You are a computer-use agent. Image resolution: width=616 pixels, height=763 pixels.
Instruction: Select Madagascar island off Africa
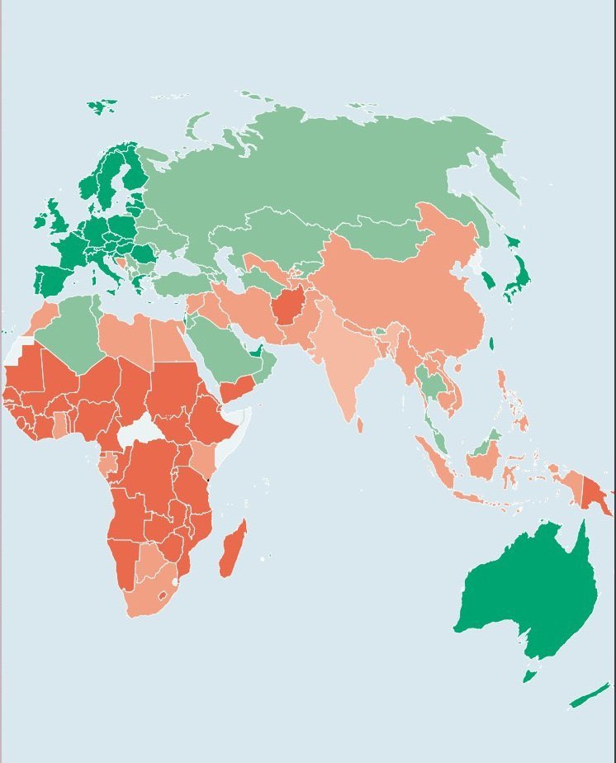(232, 550)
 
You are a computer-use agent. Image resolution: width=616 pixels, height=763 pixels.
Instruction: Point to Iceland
(102, 107)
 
